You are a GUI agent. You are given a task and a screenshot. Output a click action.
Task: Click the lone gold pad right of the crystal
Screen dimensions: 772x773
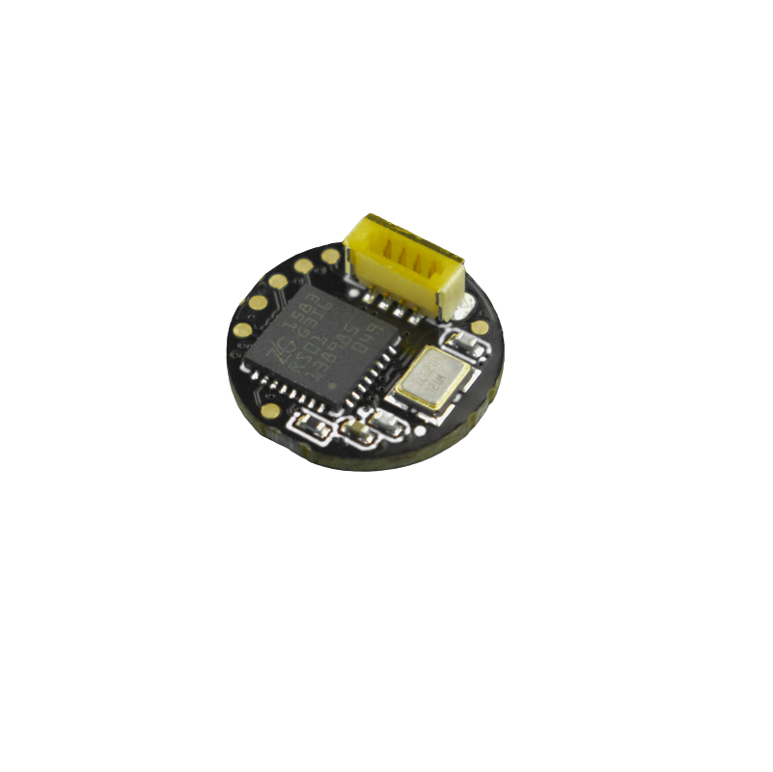480,327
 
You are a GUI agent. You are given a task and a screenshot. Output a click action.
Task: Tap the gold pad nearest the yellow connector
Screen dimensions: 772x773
331,256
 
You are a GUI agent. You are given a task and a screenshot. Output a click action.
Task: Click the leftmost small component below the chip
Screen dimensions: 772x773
312,424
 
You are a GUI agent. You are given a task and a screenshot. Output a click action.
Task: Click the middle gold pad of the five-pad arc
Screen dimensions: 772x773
278,282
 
